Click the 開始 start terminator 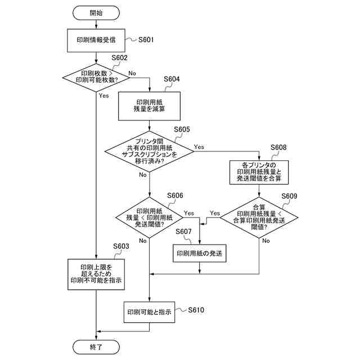(x=96, y=13)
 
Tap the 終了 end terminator (x=96, y=347)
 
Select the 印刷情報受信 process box (x=96, y=40)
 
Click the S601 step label (x=146, y=40)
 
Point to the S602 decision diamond (x=96, y=78)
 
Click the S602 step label (x=119, y=57)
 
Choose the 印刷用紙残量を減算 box (x=149, y=106)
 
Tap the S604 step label (x=172, y=79)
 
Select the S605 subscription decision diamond (x=149, y=151)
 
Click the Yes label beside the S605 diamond (x=199, y=147)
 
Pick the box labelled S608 (x=259, y=172)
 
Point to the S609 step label (x=289, y=196)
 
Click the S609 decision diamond (x=259, y=218)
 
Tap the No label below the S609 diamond (x=266, y=241)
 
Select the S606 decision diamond (x=149, y=218)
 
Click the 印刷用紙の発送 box (x=199, y=253)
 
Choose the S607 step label (x=183, y=231)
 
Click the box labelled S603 (x=96, y=274)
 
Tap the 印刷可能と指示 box (x=149, y=312)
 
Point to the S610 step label (x=196, y=310)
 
